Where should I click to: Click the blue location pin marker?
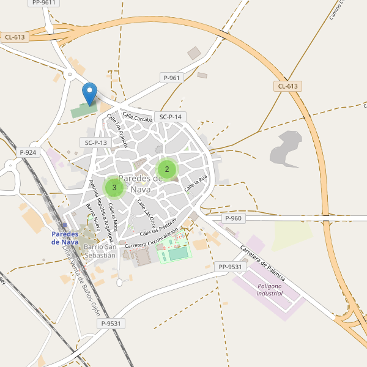pyautogui.click(x=90, y=94)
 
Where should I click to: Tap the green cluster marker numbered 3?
pyautogui.click(x=114, y=187)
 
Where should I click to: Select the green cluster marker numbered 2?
pyautogui.click(x=167, y=169)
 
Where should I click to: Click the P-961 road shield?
pyautogui.click(x=172, y=78)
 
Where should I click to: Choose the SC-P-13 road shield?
pyautogui.click(x=95, y=143)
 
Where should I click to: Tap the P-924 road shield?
pyautogui.click(x=28, y=152)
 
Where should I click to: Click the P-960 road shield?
pyautogui.click(x=233, y=218)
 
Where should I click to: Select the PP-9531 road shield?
pyautogui.click(x=230, y=267)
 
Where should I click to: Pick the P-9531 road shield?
pyautogui.click(x=112, y=324)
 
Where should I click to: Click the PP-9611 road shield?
pyautogui.click(x=43, y=2)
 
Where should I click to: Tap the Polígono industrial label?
pyautogui.click(x=270, y=290)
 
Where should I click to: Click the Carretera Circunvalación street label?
pyautogui.click(x=151, y=239)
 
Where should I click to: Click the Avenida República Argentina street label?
pyautogui.click(x=101, y=206)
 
